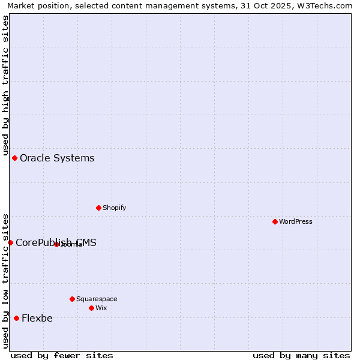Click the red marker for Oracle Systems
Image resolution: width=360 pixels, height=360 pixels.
14,158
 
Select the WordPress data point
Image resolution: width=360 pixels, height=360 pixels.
275,221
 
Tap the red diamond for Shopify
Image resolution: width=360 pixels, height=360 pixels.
98,208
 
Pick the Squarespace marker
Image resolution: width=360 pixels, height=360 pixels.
72,299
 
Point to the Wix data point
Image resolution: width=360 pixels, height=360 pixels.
91,308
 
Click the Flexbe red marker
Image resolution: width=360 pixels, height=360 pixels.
16,318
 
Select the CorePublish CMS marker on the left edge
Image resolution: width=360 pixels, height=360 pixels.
10,242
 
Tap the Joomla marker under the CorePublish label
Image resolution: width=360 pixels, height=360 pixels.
56,244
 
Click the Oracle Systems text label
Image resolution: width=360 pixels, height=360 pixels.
57,158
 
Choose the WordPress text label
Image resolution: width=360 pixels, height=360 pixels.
296,221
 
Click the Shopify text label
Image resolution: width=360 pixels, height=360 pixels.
114,208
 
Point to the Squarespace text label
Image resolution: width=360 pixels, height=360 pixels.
97,299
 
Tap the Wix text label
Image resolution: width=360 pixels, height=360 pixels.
101,308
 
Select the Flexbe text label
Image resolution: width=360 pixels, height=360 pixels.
37,319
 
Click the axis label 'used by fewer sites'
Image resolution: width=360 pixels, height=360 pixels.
62,356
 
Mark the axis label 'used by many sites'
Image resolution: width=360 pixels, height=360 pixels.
301,356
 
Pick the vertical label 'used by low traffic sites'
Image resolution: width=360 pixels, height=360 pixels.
5,280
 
